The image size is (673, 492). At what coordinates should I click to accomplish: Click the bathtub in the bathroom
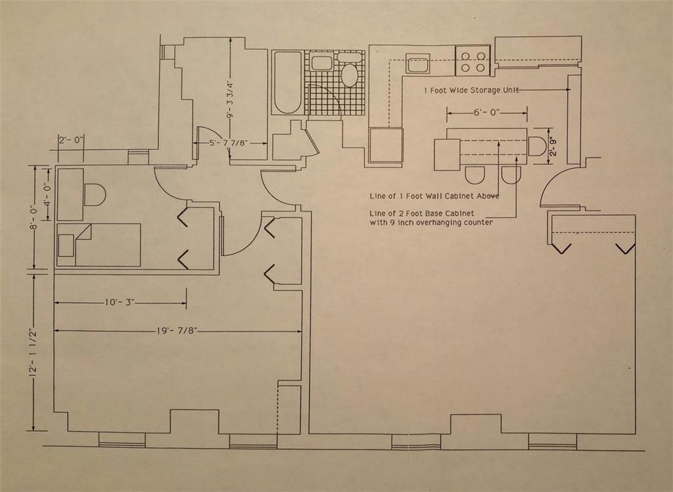coord(287,82)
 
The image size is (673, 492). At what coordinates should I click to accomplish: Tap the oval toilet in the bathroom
coord(349,74)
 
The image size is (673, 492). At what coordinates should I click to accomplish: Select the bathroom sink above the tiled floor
coord(321,64)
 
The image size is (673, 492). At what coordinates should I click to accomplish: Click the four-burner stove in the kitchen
coord(473,60)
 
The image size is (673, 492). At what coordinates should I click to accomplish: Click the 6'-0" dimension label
coord(486,112)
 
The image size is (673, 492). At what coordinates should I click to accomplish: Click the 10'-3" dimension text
coord(119,303)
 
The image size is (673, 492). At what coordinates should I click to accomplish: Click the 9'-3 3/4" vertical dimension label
coord(230,99)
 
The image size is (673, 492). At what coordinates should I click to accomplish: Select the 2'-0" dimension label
coord(70,140)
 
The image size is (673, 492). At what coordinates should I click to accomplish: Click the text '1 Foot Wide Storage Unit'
coord(471,90)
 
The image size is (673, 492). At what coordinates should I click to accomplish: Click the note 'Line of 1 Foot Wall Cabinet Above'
coord(434,196)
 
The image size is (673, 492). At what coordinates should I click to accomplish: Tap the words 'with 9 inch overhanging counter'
coord(432,223)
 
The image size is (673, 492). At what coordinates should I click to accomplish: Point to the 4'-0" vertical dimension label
coord(46,194)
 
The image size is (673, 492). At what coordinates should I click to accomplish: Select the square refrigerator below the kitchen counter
coord(385,145)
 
